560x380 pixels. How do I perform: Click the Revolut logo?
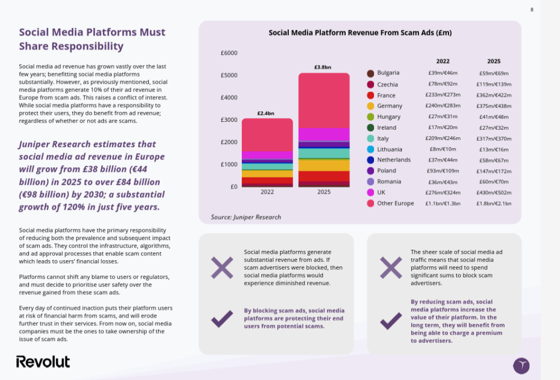tap(43, 361)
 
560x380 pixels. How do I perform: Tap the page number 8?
tap(532, 9)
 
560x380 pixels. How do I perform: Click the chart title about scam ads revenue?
tap(360, 33)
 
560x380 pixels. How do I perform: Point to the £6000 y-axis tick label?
tap(229, 53)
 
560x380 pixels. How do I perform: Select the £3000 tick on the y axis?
tap(229, 120)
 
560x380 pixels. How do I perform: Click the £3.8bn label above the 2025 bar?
tap(323, 67)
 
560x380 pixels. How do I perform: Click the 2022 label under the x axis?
tap(267, 192)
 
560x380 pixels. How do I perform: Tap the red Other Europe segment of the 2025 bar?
tap(324, 98)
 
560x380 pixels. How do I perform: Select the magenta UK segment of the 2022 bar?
tap(267, 155)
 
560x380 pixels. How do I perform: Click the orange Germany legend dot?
tap(370, 106)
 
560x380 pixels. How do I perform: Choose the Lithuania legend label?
tap(389, 149)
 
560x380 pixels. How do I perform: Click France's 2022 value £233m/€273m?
tap(442, 95)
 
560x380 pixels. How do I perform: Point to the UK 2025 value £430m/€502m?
tap(493, 192)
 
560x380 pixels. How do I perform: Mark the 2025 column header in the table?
tap(493, 61)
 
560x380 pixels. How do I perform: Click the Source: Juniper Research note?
tap(246, 217)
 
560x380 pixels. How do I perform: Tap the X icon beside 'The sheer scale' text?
tap(390, 267)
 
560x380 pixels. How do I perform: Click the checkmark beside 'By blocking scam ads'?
tap(222, 318)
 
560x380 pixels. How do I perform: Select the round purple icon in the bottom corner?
tap(521, 366)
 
